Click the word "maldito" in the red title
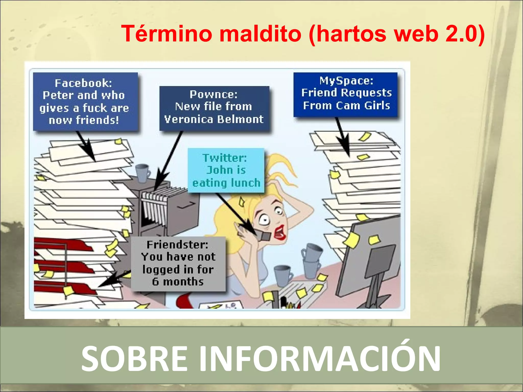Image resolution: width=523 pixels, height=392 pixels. point(260,34)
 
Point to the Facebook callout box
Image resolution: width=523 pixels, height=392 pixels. point(85,102)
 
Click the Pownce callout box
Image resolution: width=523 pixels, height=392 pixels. point(214,108)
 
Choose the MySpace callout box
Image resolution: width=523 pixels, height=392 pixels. point(346,94)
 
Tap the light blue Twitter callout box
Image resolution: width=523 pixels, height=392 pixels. point(226,170)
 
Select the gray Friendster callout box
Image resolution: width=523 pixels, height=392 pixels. point(178,264)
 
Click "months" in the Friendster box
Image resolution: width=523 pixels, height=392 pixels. point(183,282)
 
